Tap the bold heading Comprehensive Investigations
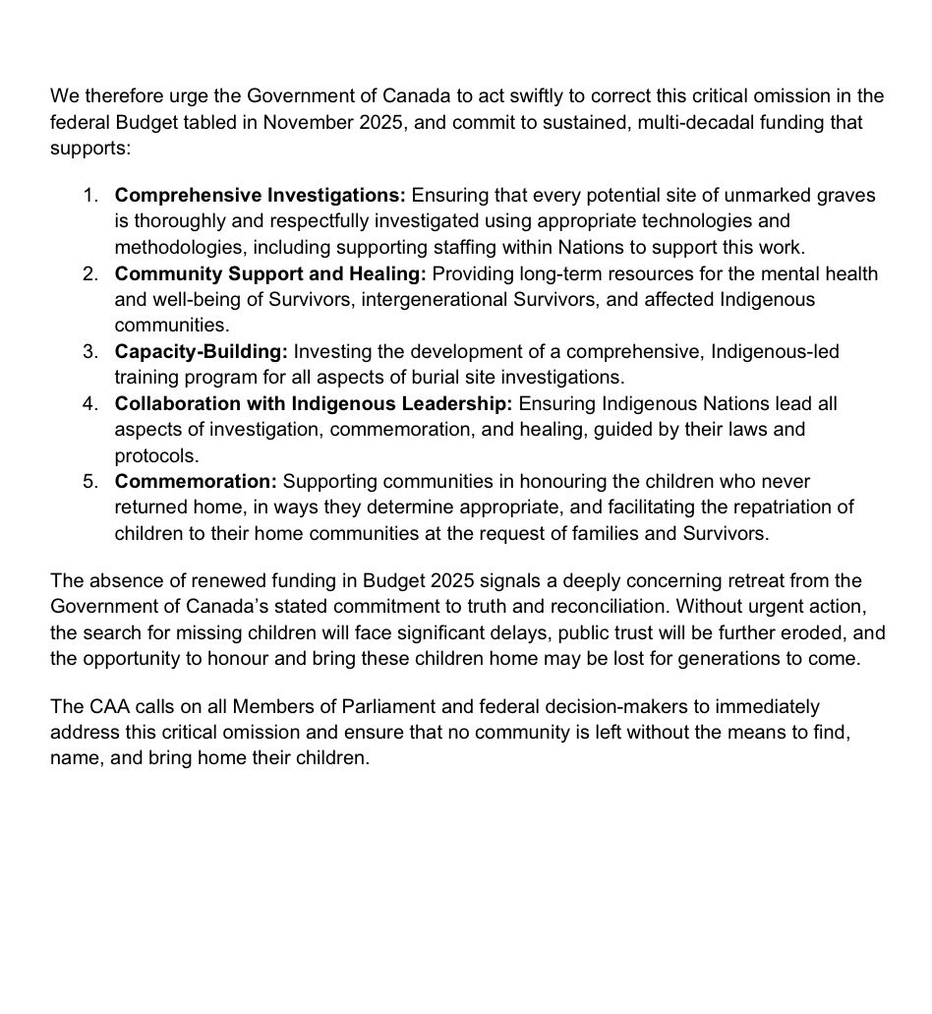pos(260,196)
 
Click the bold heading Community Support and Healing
pos(270,273)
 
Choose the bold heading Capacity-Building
pos(201,351)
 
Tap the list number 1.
pos(89,196)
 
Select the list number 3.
pos(89,351)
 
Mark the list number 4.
pos(89,403)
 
